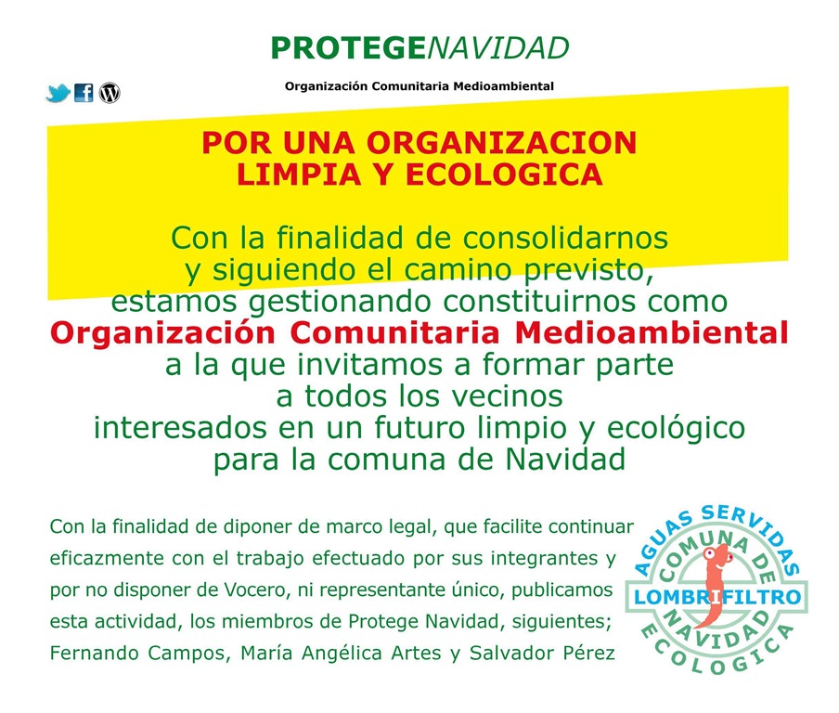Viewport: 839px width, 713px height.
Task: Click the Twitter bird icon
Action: [58, 93]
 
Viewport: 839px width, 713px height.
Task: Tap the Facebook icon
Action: [84, 93]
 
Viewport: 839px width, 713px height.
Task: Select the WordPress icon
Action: [110, 93]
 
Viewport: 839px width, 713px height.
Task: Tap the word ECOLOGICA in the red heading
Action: [511, 174]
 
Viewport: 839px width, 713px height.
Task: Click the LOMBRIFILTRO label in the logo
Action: [712, 597]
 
